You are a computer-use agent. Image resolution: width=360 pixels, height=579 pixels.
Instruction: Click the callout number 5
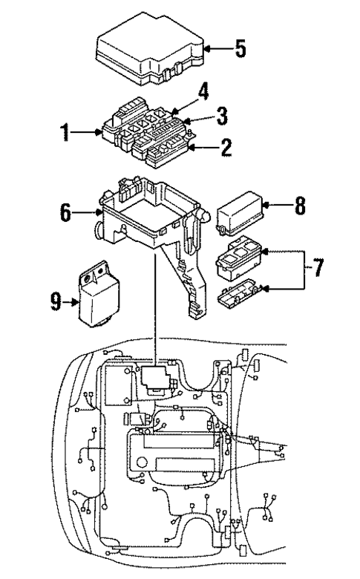point(240,49)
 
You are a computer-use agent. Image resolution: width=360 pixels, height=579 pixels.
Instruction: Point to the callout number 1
point(65,134)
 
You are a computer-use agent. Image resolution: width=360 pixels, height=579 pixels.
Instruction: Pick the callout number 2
point(226,147)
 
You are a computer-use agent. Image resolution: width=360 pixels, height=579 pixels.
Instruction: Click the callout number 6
point(66,213)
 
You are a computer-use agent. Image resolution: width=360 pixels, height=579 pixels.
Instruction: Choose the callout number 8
point(299,205)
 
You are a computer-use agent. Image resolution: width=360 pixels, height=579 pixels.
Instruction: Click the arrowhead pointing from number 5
point(206,49)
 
